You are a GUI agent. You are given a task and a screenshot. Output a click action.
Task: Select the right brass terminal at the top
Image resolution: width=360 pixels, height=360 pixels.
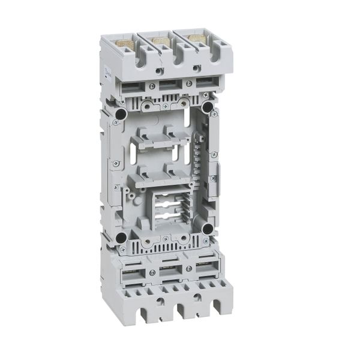pos(196,39)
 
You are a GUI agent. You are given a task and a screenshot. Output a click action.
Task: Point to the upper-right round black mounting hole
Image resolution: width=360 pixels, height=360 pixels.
pos(208,107)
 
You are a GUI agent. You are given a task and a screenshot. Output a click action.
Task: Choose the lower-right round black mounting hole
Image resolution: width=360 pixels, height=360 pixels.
pos(208,229)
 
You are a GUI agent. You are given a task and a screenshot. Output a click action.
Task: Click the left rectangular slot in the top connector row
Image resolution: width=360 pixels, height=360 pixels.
pos(133,89)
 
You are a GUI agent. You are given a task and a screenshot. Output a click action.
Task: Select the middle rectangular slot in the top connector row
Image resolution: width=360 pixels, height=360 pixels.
pos(169,86)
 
